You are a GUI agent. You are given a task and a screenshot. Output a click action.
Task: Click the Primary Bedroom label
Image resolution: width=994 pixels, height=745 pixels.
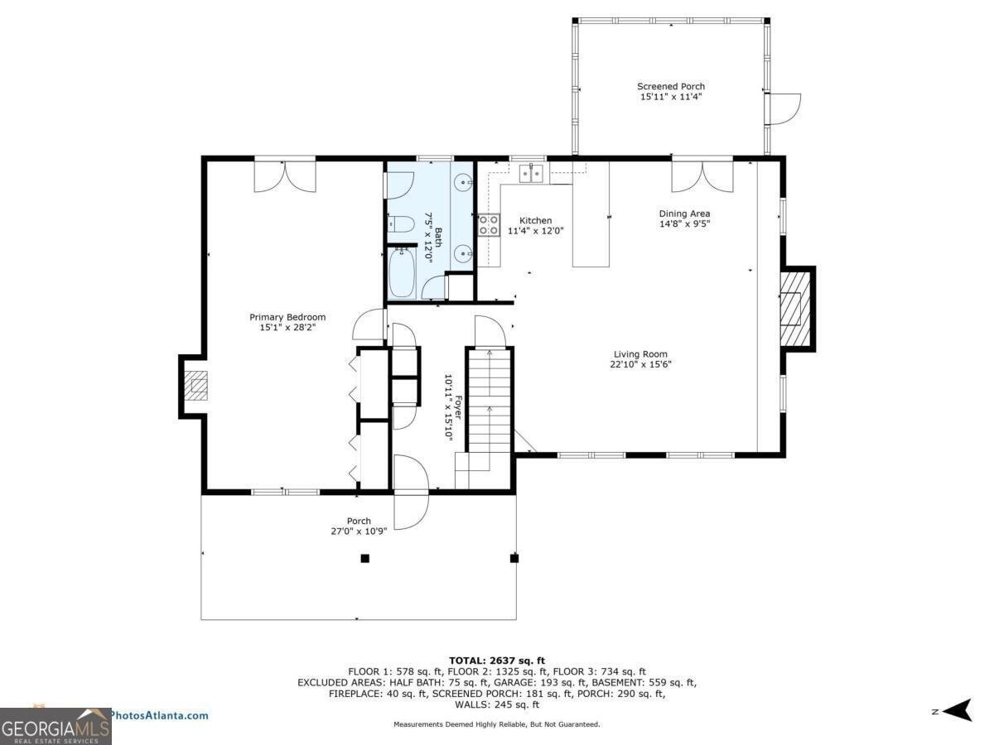[x=287, y=317]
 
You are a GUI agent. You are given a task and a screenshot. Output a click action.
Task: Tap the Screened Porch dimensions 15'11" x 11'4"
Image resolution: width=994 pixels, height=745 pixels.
[x=671, y=96]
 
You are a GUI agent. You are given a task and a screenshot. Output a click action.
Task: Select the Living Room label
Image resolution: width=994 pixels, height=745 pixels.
[x=640, y=354]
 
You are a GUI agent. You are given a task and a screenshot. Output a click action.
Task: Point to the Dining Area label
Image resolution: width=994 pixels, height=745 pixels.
[x=684, y=214]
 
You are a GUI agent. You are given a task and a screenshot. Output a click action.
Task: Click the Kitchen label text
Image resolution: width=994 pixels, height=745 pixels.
[x=535, y=220]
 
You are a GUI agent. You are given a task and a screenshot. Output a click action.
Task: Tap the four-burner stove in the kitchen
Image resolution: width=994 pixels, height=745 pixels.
[x=489, y=225]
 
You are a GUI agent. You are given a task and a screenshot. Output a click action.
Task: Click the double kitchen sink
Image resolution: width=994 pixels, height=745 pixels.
[x=531, y=173]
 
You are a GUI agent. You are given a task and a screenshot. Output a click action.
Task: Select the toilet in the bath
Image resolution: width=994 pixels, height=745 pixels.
[x=401, y=224]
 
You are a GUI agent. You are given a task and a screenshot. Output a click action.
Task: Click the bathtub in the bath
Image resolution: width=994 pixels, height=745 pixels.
[x=402, y=273]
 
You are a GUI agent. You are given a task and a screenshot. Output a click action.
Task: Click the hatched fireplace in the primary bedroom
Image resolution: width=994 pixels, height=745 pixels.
[x=195, y=386]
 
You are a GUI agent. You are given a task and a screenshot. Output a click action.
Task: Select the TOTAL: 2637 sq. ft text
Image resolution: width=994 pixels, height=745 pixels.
[x=497, y=661]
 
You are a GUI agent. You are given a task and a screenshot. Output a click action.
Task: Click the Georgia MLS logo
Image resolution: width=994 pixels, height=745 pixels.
[x=55, y=727]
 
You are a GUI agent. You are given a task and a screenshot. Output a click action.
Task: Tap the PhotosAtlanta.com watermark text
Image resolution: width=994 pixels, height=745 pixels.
[x=159, y=715]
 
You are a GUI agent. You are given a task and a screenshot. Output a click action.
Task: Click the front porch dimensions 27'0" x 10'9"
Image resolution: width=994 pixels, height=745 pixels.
[x=359, y=531]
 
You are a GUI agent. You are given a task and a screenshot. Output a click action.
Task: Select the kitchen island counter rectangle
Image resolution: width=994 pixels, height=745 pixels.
[x=591, y=214]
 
